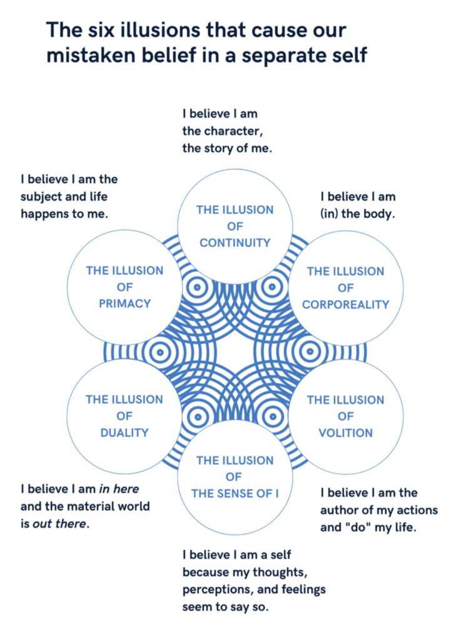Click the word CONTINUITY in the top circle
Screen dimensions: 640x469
tap(234, 242)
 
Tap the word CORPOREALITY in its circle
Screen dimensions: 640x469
tap(345, 304)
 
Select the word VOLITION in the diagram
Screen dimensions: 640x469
tap(345, 432)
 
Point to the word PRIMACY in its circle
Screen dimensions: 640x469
tap(124, 303)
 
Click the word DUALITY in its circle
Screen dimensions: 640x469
tap(124, 432)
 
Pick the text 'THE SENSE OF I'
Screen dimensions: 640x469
tap(234, 494)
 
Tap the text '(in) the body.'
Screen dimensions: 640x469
tap(357, 212)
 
